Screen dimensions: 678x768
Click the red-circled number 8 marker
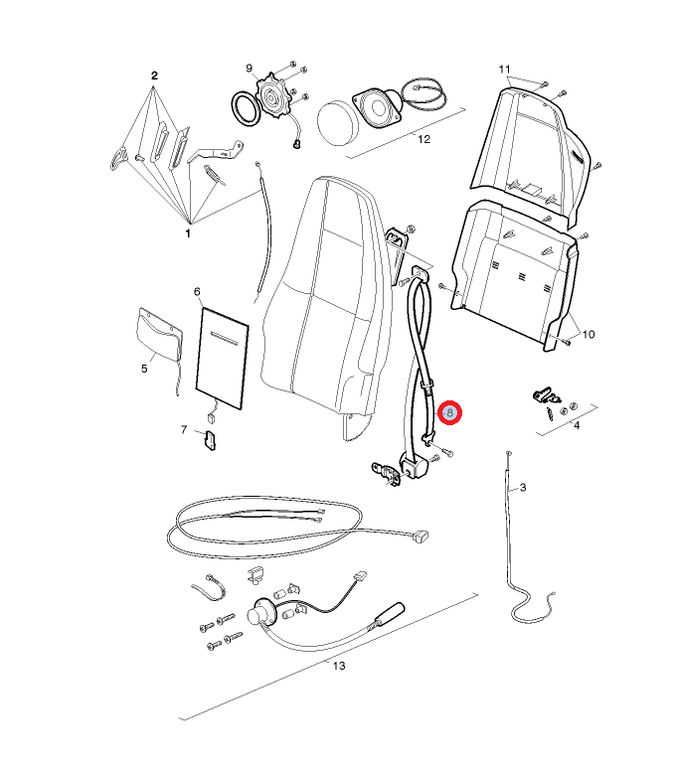(449, 413)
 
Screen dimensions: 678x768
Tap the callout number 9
(250, 69)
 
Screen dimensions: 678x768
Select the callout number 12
(424, 140)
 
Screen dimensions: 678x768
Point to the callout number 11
(504, 70)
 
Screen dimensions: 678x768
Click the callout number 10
(589, 334)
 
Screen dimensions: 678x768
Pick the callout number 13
(339, 666)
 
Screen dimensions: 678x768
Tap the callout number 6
(197, 292)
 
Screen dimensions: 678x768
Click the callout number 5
(144, 369)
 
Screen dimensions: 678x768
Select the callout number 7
(184, 429)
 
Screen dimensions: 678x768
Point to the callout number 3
(523, 488)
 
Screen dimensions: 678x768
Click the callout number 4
(577, 425)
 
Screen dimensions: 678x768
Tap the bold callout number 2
(154, 76)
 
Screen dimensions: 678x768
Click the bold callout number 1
(188, 233)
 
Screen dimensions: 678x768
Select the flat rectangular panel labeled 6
(222, 359)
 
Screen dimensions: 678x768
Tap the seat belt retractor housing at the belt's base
(416, 466)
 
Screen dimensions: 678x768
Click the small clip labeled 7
(210, 440)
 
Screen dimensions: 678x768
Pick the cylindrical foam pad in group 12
(338, 123)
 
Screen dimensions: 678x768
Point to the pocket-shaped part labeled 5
(160, 335)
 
